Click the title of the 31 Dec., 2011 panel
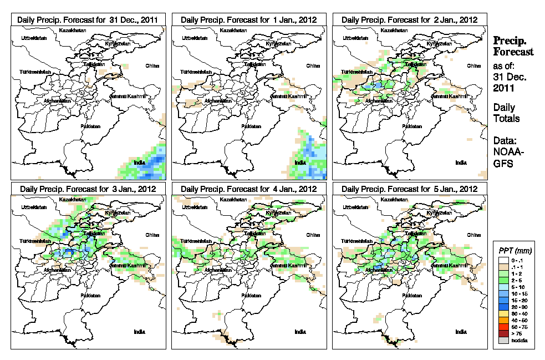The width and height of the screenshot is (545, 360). tap(88, 19)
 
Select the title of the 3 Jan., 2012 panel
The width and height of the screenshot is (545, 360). tap(88, 189)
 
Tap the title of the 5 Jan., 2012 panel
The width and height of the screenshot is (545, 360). tap(409, 189)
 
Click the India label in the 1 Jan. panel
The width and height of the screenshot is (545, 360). tap(300, 163)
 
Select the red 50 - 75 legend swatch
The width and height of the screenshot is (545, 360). tap(502, 327)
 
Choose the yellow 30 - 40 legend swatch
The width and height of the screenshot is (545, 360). tap(502, 313)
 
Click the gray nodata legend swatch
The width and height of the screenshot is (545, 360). tap(502, 340)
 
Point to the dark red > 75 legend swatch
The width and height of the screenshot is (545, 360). tap(502, 333)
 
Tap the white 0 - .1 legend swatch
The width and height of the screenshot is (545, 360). tap(502, 260)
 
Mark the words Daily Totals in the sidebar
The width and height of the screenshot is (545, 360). tap(506, 113)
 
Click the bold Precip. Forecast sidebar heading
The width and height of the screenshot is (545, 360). tap(513, 46)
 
